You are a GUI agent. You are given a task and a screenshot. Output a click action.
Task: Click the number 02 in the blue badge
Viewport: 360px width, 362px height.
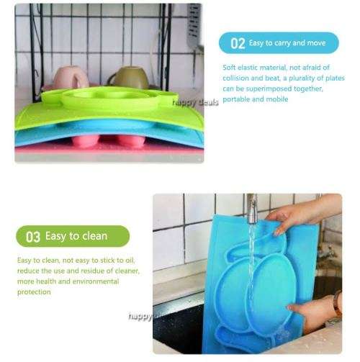coord(237,44)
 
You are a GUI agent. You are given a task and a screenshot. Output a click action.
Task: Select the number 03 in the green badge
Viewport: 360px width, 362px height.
coord(33,236)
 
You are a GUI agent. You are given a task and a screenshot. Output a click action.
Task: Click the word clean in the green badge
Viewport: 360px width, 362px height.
coord(93,235)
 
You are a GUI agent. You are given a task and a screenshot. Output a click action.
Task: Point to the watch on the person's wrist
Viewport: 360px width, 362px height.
coord(338,303)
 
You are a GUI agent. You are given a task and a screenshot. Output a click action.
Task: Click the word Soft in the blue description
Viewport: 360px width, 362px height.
coord(230,67)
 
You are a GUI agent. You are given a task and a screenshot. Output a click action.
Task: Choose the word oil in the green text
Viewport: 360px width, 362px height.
coord(131,260)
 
